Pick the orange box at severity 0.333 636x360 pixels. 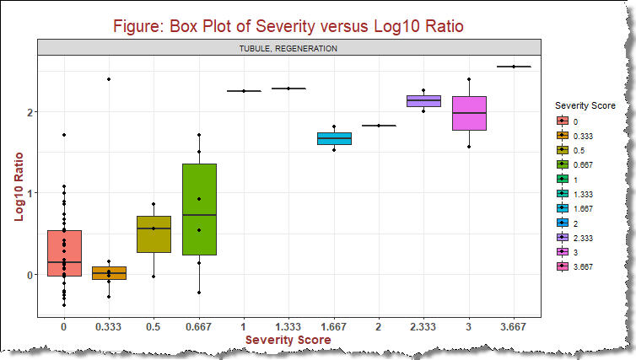[109, 273]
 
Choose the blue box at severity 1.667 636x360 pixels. [334, 138]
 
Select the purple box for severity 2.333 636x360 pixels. [423, 100]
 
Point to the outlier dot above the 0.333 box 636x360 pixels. [109, 79]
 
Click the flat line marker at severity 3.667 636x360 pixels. [513, 67]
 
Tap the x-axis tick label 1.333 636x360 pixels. [288, 324]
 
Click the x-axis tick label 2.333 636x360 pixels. [423, 324]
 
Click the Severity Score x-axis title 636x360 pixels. [288, 339]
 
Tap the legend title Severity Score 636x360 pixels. [590, 105]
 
